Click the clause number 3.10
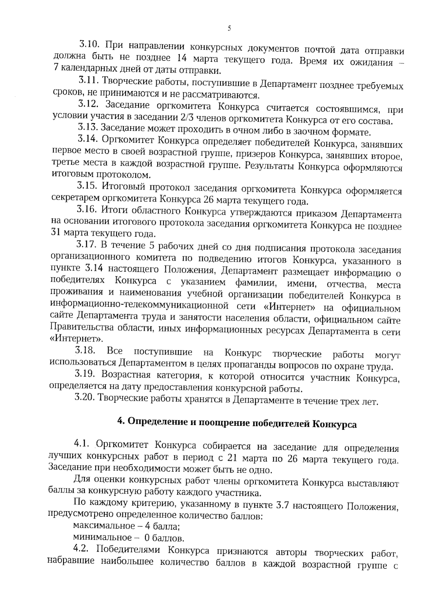89,45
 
